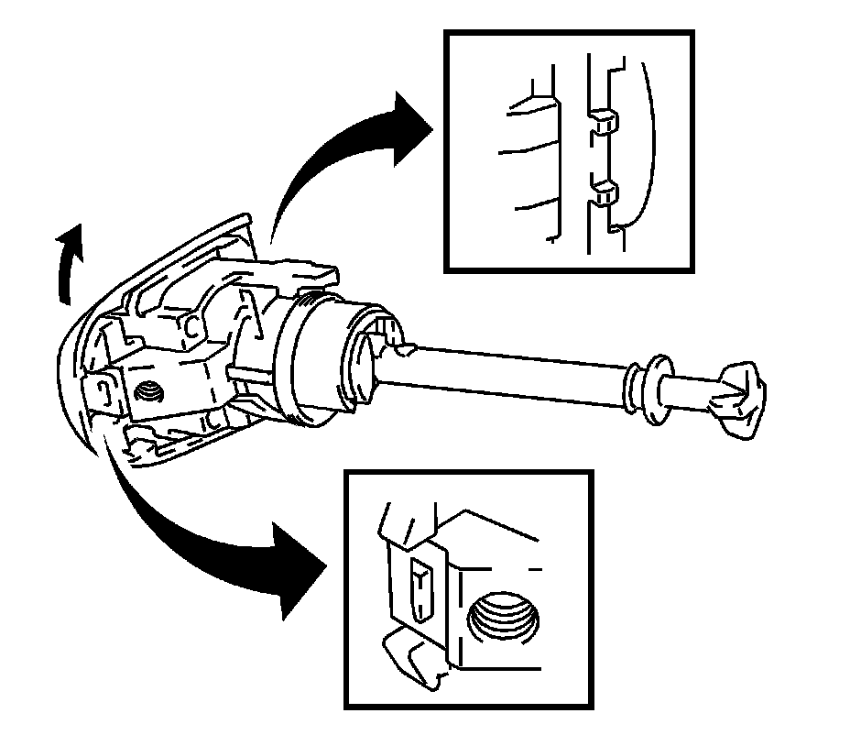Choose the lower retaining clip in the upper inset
[x=605, y=192]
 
